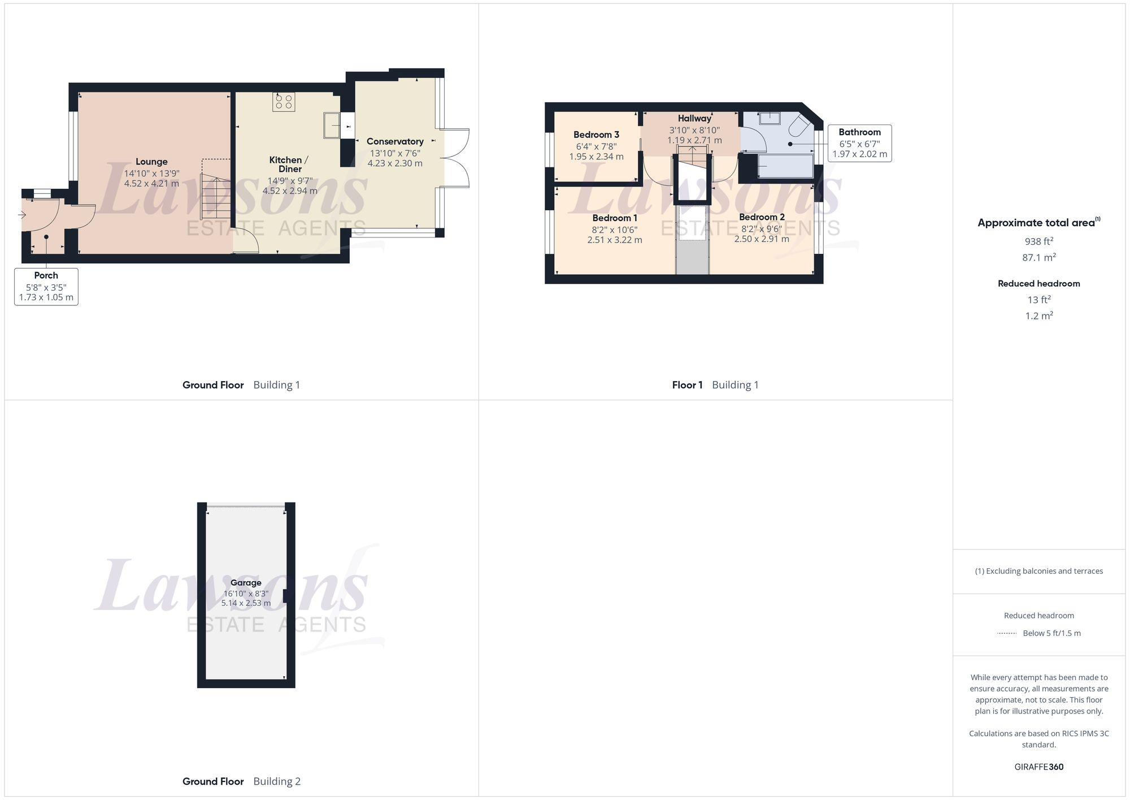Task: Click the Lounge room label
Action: pyautogui.click(x=151, y=162)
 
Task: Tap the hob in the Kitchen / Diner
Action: pyautogui.click(x=284, y=102)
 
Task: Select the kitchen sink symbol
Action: pyautogui.click(x=332, y=125)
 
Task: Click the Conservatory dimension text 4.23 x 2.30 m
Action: pyautogui.click(x=395, y=163)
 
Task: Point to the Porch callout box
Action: pyautogui.click(x=46, y=287)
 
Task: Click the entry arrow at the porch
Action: pyautogui.click(x=22, y=215)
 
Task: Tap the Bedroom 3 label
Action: pyautogui.click(x=596, y=135)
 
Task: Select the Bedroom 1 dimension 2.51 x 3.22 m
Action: pyautogui.click(x=615, y=240)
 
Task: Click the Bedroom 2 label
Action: pyautogui.click(x=762, y=217)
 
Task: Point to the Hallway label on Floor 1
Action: pyautogui.click(x=694, y=118)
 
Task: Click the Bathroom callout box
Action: pyautogui.click(x=859, y=143)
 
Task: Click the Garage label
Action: pyautogui.click(x=246, y=582)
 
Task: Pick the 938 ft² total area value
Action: pyautogui.click(x=1038, y=241)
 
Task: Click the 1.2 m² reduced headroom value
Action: pyautogui.click(x=1038, y=315)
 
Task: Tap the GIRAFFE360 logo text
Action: pyautogui.click(x=1038, y=767)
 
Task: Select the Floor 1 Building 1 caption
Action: pyautogui.click(x=715, y=385)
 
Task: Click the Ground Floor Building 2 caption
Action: pyautogui.click(x=241, y=781)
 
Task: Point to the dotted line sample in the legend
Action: pyautogui.click(x=1007, y=633)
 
